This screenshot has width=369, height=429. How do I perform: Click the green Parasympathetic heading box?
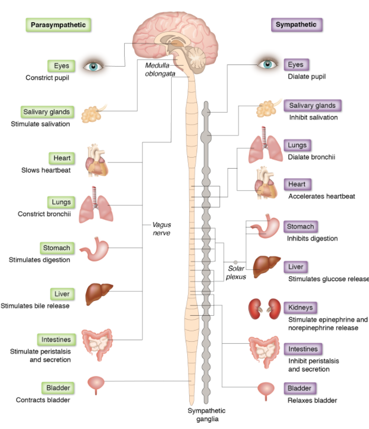[58, 25]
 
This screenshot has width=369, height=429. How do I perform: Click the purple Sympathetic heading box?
[297, 24]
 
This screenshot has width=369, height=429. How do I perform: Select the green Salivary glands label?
[47, 112]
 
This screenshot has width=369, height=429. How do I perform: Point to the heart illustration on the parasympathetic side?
[98, 160]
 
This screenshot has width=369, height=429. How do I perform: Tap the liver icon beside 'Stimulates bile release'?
[99, 291]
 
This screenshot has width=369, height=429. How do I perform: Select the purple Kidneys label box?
[300, 307]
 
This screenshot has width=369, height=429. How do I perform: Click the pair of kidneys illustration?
[265, 308]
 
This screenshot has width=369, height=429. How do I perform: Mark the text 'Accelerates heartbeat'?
[321, 196]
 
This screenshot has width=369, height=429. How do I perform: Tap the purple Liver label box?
[296, 267]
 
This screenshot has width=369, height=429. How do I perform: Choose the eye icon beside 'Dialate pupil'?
[267, 65]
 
